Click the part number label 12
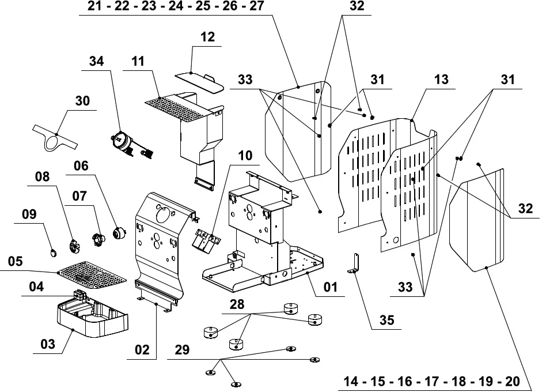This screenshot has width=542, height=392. tap(207, 37)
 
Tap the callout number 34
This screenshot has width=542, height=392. tap(96, 61)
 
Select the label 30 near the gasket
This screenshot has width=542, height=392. tap(82, 101)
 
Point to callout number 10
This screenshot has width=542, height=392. tap(245, 155)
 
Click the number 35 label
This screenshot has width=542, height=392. tap(386, 320)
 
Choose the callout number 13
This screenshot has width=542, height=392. tap(441, 79)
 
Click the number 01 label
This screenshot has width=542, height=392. tap(330, 287)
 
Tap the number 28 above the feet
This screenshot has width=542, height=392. tap(237, 304)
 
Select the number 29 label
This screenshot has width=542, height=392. tap(182, 350)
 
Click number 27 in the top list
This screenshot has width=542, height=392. tap(256, 6)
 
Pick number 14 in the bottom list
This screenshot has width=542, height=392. tap(351, 381)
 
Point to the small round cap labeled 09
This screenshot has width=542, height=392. tap(53, 253)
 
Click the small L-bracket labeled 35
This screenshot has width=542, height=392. tap(354, 263)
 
